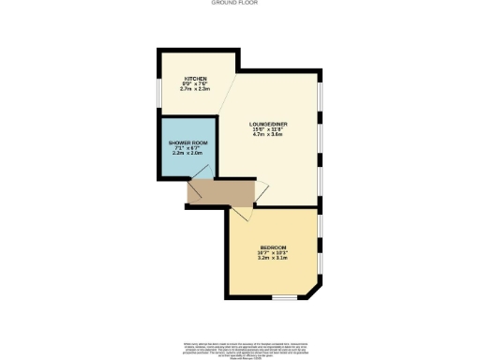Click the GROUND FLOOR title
[x=239, y=4]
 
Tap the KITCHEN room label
[x=195, y=80]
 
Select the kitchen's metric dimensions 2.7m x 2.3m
[x=195, y=90]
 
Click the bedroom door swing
[x=240, y=213]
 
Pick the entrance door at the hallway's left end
[x=188, y=191]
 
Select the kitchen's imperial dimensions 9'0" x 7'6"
[x=195, y=85]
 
